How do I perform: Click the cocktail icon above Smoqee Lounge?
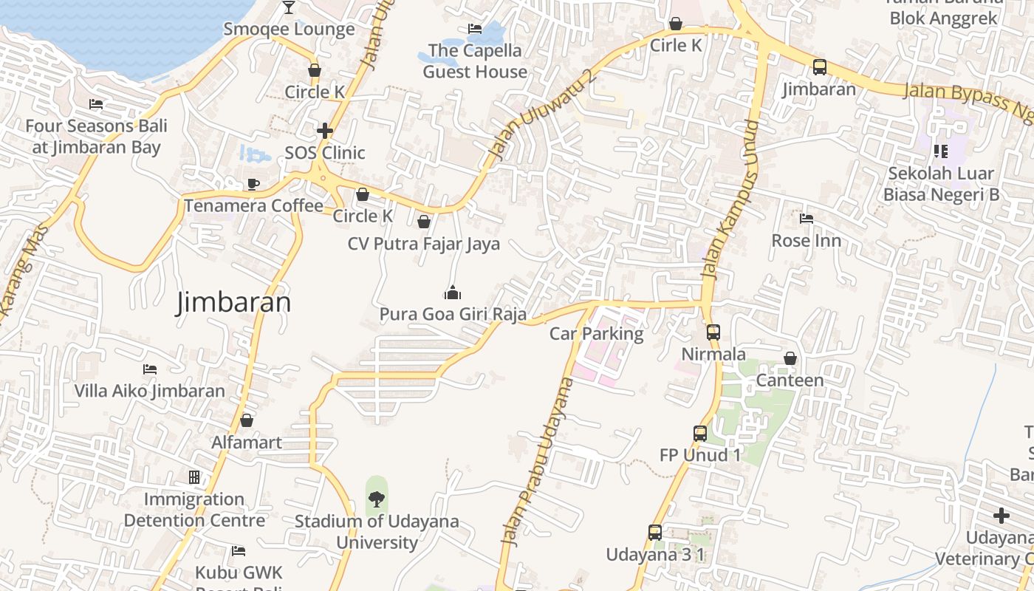pos(288,7)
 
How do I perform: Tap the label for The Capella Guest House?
pos(475,61)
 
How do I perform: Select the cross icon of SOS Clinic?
pos(325,131)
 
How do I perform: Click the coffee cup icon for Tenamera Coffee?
pos(253,184)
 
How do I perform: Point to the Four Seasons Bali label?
pos(96,136)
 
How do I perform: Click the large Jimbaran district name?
pos(233,303)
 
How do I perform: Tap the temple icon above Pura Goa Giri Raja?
pos(453,293)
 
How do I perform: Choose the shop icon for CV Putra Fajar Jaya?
pos(424,222)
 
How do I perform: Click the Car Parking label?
pos(596,334)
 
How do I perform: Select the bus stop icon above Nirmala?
pos(713,332)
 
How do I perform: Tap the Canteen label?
pos(790,380)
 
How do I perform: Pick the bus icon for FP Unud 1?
pos(700,434)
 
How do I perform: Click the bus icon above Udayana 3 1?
pos(655,532)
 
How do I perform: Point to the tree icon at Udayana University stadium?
pos(377,499)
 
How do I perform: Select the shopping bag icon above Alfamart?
pos(247,420)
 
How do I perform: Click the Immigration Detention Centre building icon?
pos(194,477)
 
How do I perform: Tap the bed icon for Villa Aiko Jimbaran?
pos(150,369)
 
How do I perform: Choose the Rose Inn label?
pos(806,241)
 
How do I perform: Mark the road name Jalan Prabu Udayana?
pos(537,462)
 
